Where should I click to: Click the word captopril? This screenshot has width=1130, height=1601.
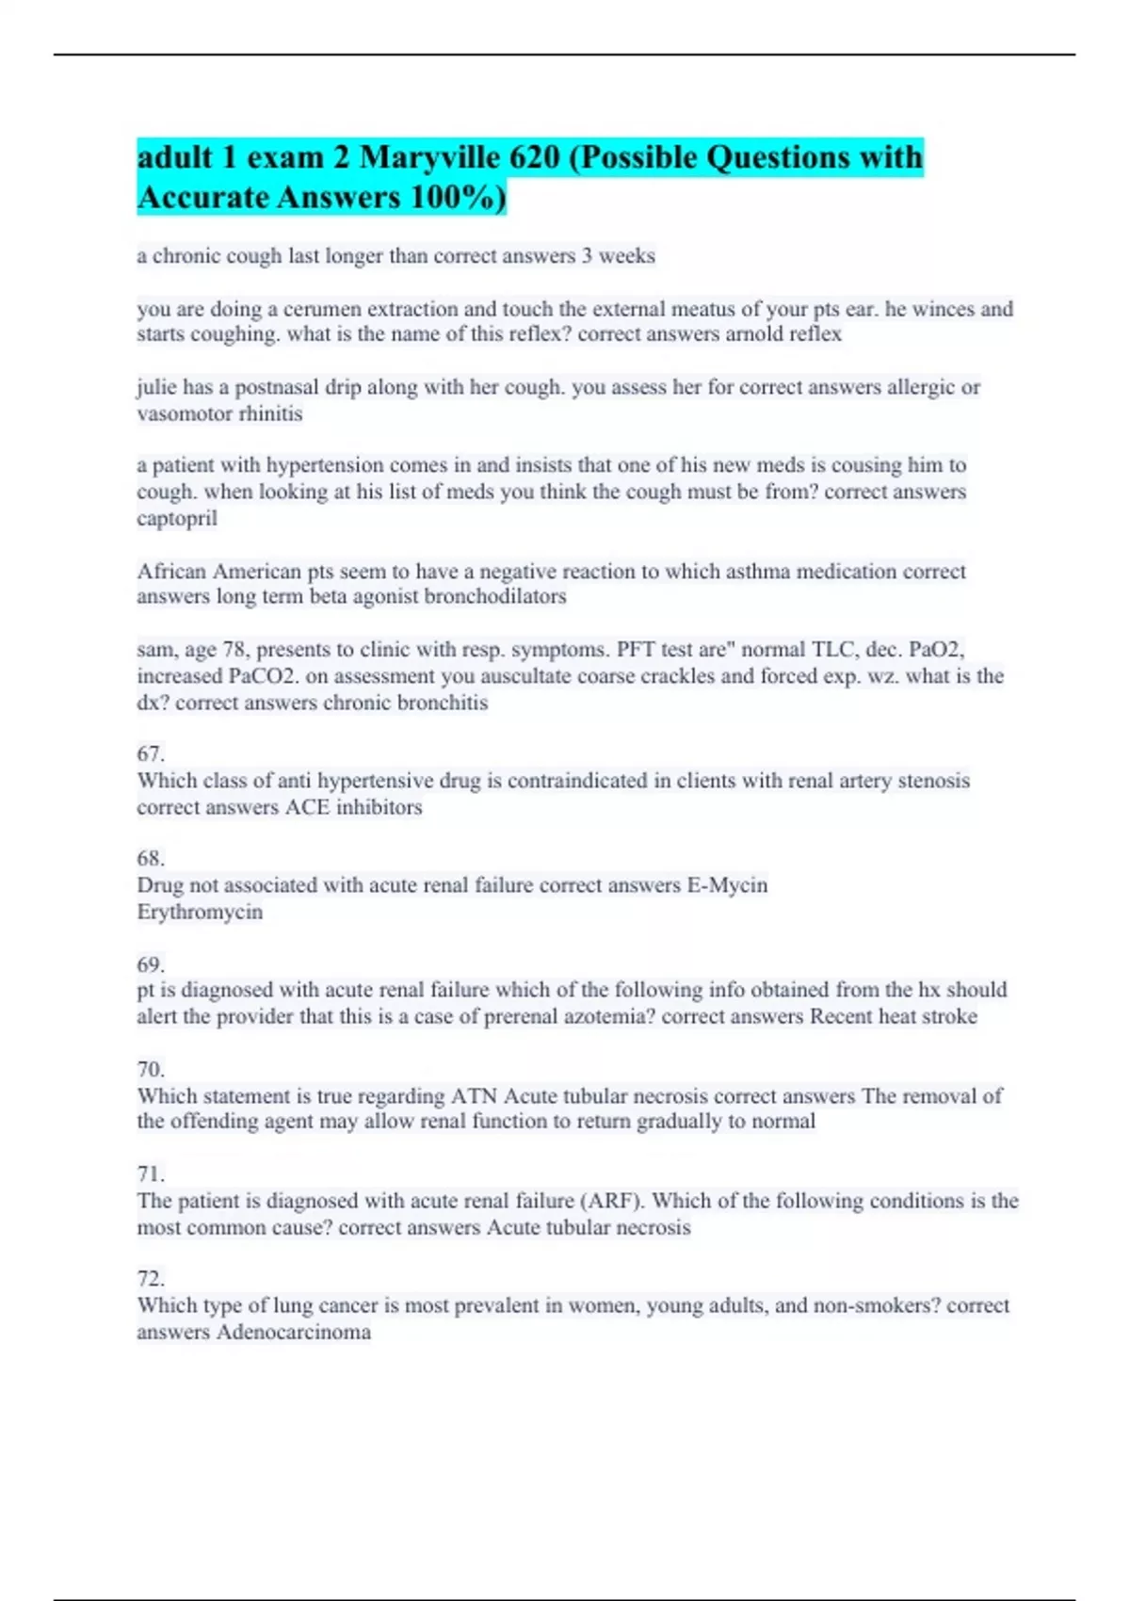[x=177, y=518]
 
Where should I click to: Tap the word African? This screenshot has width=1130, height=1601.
[x=172, y=572]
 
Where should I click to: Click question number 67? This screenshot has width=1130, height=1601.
[x=151, y=753]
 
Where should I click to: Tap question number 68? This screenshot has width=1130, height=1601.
[x=151, y=858]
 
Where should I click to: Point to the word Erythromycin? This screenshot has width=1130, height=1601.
[x=200, y=912]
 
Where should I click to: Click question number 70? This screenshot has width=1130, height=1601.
[x=151, y=1069]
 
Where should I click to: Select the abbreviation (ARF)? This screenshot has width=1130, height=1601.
[x=611, y=1201]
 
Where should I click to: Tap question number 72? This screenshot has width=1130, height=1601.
[x=151, y=1278]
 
